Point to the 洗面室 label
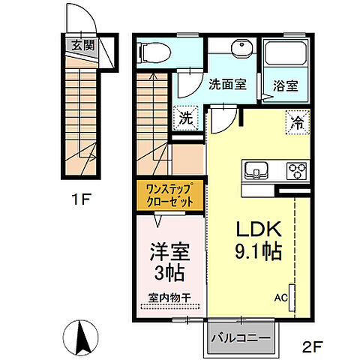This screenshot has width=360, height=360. tap(227, 85)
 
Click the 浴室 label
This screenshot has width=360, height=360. tap(286, 85)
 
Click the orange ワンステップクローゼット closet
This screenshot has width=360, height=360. tap(170, 195)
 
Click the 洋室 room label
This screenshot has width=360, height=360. tap(169, 249)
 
